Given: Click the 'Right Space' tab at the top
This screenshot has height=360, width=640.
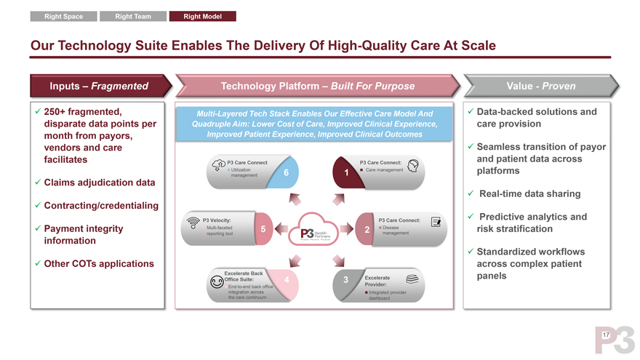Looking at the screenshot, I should [63, 16].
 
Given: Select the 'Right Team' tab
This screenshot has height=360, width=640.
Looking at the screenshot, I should [133, 16].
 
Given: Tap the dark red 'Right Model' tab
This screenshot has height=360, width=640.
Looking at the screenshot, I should [203, 16].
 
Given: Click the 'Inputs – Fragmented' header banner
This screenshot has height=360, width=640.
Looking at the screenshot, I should [99, 86].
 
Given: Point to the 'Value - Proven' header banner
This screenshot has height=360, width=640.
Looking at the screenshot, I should [541, 86].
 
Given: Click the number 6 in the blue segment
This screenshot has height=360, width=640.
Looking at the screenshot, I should [287, 172].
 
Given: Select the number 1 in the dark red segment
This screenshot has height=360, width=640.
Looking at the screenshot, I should [347, 172].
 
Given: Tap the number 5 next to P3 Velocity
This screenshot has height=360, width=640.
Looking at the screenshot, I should [262, 229].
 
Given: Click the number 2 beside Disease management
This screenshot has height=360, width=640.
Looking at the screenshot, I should [367, 230].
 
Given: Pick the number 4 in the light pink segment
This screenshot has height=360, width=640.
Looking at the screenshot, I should [288, 280].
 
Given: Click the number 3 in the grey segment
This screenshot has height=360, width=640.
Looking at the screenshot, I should [345, 281].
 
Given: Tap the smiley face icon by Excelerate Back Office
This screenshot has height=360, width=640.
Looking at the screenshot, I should [216, 283].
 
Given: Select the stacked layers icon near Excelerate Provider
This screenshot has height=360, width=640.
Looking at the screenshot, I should [412, 279].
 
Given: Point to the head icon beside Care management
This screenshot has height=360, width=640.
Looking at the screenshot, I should [412, 165].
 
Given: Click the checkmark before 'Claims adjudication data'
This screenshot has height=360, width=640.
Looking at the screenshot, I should [37, 182].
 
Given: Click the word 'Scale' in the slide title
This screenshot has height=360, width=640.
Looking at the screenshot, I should [473, 46].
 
